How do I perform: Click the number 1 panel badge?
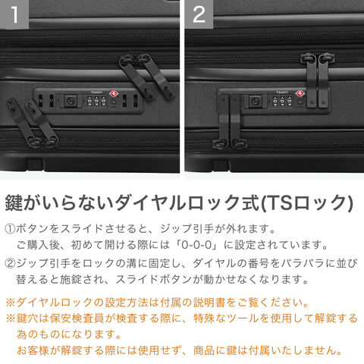14,14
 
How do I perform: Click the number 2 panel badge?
199,14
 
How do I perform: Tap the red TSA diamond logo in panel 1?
114,94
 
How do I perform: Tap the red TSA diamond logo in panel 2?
300,93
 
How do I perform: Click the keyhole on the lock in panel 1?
69,102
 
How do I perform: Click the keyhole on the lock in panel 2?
255,102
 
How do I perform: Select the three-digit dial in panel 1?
96,102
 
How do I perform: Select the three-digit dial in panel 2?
282,102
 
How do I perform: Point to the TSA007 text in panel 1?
96,93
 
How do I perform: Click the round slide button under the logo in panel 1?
114,102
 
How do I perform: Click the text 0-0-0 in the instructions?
196,245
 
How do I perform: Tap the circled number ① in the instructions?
10,229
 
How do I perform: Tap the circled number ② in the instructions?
10,264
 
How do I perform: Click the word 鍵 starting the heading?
14,202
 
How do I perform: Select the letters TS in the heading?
279,202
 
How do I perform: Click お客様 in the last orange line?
33,350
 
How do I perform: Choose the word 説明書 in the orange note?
209,303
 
